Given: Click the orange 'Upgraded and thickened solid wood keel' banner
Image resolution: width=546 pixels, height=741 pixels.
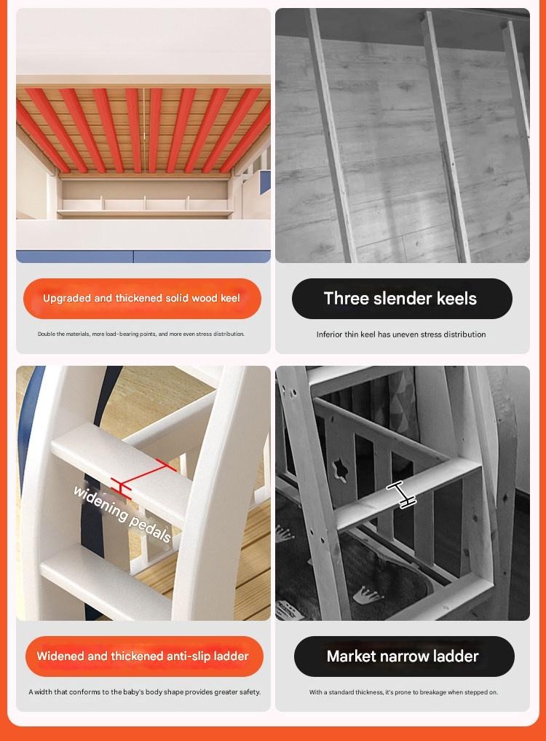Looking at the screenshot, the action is click(x=142, y=299).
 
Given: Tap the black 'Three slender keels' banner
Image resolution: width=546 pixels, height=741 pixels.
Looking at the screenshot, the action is click(x=402, y=299).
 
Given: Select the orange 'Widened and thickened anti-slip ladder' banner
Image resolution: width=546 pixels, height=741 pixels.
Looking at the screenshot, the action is click(x=144, y=656).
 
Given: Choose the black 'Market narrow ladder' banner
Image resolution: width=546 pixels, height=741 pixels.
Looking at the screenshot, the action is click(x=404, y=656).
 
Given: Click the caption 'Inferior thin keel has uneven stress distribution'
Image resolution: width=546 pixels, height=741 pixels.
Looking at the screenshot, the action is click(x=401, y=334).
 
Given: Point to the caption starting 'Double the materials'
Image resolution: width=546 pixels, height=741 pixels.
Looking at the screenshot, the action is click(x=141, y=334).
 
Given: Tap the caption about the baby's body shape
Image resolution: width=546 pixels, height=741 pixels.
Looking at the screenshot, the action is click(x=145, y=692).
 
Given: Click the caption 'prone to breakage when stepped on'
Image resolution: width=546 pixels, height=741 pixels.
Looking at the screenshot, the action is click(x=403, y=692).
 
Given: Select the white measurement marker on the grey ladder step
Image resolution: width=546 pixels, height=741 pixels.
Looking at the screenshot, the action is click(x=401, y=494).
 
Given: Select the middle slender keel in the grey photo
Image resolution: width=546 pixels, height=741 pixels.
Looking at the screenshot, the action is click(x=446, y=136).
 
